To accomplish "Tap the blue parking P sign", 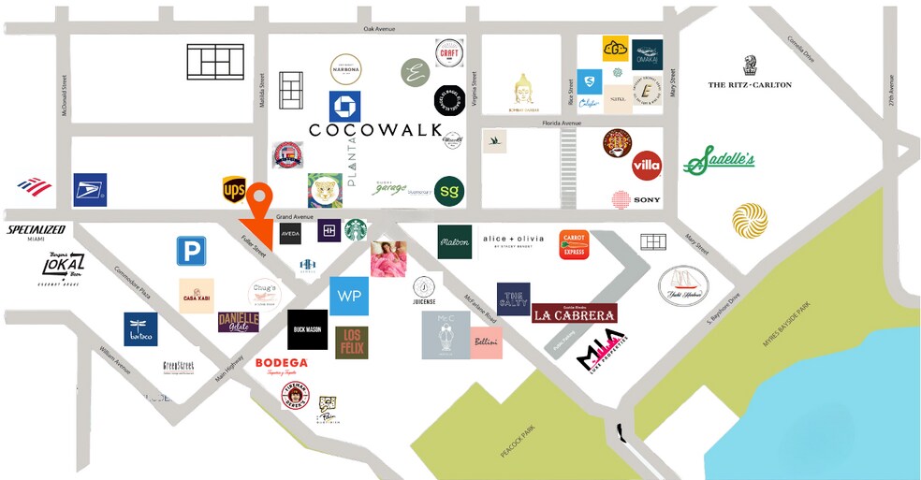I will pos(191,251).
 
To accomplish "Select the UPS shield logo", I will pos(234,190).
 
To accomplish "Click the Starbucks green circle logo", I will pos(356,230).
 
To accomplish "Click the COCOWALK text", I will pos(374,129).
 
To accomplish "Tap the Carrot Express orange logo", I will pos(573,244).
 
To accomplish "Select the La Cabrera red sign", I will pos(575,314).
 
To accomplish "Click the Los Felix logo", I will pos(352,342).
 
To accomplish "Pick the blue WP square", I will pos(349,296).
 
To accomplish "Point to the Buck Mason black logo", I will pos(307,330).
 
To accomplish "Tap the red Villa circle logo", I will pos(646,166).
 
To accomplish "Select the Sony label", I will pos(646,199).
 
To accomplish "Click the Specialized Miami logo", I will pos(37,232).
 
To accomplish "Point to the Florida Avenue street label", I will pos(561,123).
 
